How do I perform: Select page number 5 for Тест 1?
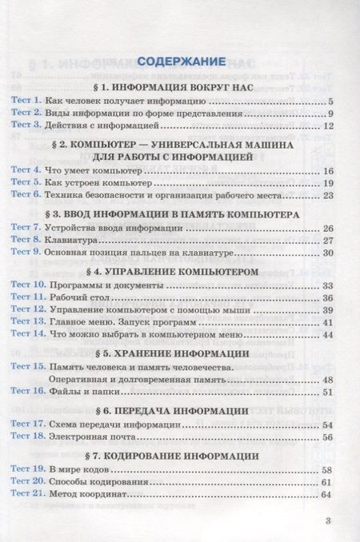pyautogui.click(x=329, y=102)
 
